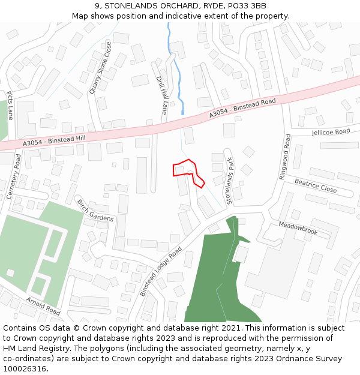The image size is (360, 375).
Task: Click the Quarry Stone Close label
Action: pos(100,67)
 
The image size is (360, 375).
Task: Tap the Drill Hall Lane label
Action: pos(161,95)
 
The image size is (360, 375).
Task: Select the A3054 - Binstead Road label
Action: pos(242,109)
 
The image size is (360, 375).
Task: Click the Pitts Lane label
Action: pos(10,105)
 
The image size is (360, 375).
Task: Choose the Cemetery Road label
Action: pos(14,176)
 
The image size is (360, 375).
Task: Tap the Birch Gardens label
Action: pos(95,211)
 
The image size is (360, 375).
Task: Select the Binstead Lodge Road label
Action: pos(160,271)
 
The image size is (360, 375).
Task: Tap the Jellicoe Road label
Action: pos(331,131)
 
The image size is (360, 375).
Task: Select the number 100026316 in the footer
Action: pos(25,368)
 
